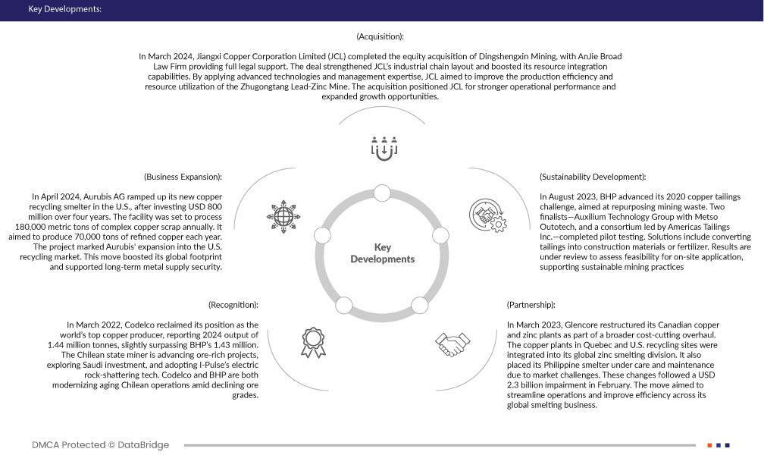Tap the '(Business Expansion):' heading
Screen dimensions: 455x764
182,177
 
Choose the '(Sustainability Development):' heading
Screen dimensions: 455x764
592,177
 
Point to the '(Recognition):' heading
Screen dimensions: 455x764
233,304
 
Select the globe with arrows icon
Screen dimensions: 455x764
285,215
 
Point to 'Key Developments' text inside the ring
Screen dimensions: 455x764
382,253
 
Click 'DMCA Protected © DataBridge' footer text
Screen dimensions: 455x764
101,444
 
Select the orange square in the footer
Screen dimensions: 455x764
709,444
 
